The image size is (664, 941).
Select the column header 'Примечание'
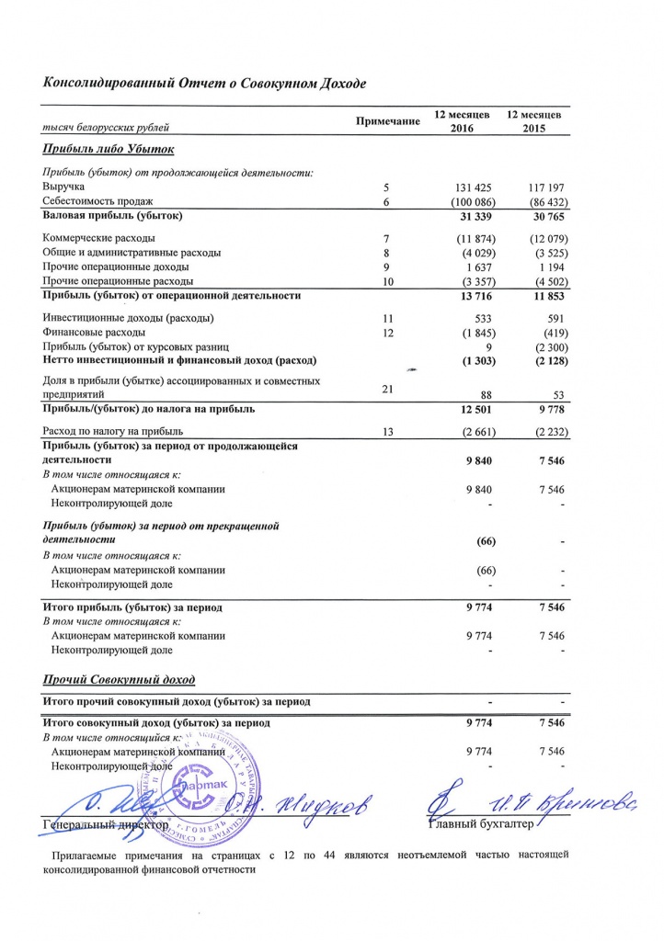tap(388, 121)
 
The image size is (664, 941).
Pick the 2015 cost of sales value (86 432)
tap(542, 201)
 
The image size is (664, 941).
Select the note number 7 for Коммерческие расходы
tap(387, 239)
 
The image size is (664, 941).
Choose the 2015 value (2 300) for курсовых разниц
tap(544, 346)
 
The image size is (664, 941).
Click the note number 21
tap(387, 389)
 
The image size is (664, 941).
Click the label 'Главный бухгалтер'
tap(481, 826)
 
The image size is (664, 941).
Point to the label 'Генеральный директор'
tap(107, 826)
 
